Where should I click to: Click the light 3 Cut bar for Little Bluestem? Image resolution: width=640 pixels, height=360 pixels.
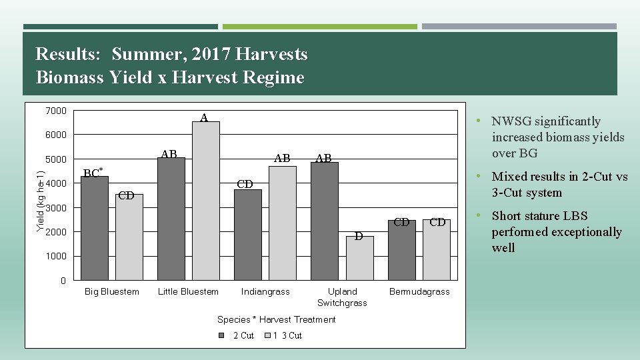click(x=205, y=200)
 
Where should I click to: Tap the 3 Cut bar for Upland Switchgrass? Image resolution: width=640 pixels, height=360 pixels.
click(x=360, y=258)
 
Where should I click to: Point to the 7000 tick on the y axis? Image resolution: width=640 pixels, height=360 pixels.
click(x=57, y=111)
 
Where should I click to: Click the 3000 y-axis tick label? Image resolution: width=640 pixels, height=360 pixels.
click(x=57, y=208)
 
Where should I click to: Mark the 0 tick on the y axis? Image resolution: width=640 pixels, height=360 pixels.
click(x=63, y=281)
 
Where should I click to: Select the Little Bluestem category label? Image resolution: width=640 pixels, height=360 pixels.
click(x=188, y=291)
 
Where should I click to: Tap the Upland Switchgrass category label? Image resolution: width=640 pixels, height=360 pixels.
click(x=342, y=297)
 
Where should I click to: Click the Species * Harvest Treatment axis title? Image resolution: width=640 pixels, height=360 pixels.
click(x=276, y=319)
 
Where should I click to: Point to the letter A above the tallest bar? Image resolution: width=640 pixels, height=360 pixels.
click(x=205, y=118)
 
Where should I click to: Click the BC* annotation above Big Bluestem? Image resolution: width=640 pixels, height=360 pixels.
click(x=93, y=173)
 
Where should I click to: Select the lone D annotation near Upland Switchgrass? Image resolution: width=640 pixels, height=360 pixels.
click(x=358, y=235)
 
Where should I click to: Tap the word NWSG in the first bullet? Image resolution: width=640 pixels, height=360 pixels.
click(x=512, y=121)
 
